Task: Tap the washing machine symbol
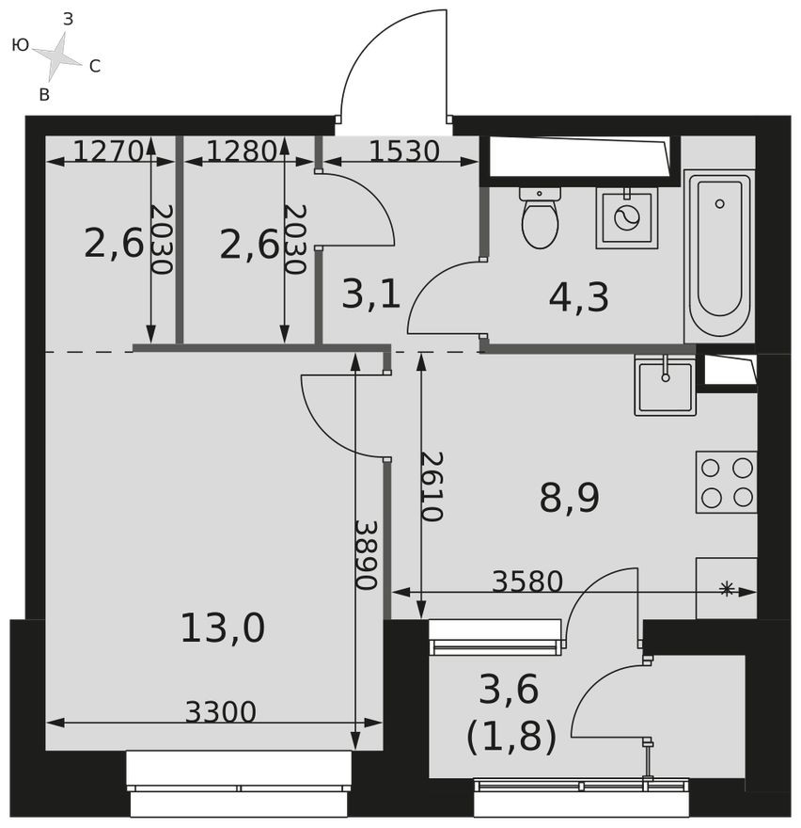[626, 217]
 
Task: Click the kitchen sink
[665, 385]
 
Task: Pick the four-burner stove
[727, 483]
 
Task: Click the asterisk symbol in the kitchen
[726, 589]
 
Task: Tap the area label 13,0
[222, 628]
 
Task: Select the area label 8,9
[569, 498]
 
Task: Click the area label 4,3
[579, 297]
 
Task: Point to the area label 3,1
[370, 294]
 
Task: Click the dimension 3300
[220, 712]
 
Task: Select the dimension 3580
[526, 582]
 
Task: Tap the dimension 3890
[366, 555]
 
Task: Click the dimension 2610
[432, 486]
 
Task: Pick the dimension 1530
[404, 151]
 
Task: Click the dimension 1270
[107, 151]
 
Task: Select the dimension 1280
[241, 151]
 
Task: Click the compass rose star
[58, 56]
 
